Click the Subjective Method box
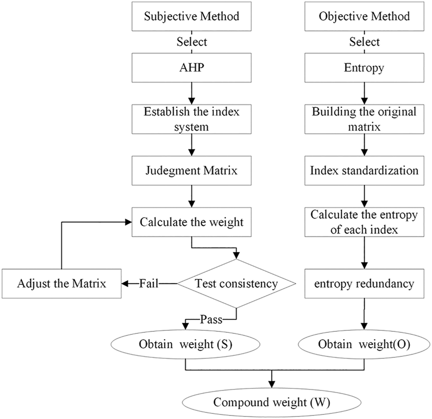click(191, 16)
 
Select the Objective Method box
click(364, 16)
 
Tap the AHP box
click(191, 68)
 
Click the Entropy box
click(364, 68)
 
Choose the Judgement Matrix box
click(191, 171)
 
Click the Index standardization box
click(364, 171)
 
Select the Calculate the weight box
click(191, 222)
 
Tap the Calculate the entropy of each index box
click(364, 222)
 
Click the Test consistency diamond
click(235, 283)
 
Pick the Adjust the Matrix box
click(61, 283)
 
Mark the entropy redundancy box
click(364, 283)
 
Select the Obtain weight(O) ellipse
click(364, 344)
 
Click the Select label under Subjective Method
click(192, 42)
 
